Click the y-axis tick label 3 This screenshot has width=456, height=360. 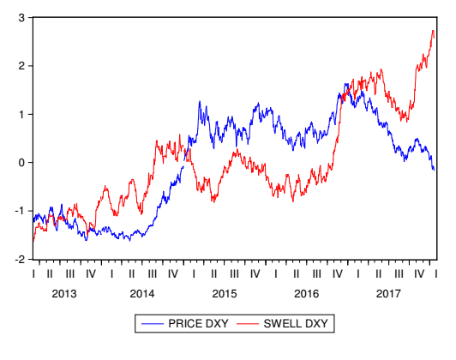[x=20, y=17]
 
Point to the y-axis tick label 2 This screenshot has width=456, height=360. [x=20, y=66]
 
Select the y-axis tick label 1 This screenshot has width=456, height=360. [x=20, y=114]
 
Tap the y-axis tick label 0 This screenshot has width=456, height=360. [x=20, y=163]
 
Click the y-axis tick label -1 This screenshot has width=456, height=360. [x=17, y=211]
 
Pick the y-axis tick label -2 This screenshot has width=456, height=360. [x=17, y=260]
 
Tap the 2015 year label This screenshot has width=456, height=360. [x=224, y=294]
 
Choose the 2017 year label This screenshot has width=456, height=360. [x=387, y=294]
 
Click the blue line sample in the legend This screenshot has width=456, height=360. [x=152, y=324]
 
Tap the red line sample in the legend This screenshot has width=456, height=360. [x=247, y=324]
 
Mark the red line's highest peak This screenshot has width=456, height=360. [x=433, y=31]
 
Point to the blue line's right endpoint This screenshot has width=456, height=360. [x=435, y=170]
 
